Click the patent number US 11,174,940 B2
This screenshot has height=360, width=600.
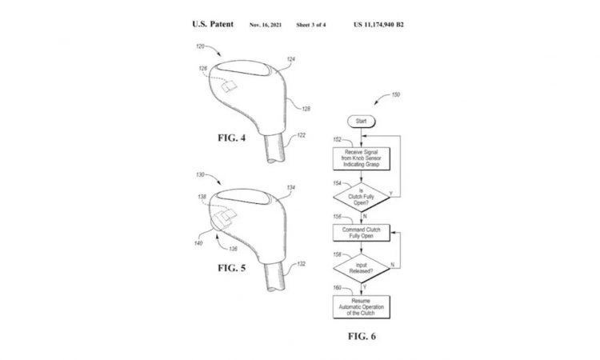coord(390,25)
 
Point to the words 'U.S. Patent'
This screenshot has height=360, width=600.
coord(213,24)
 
